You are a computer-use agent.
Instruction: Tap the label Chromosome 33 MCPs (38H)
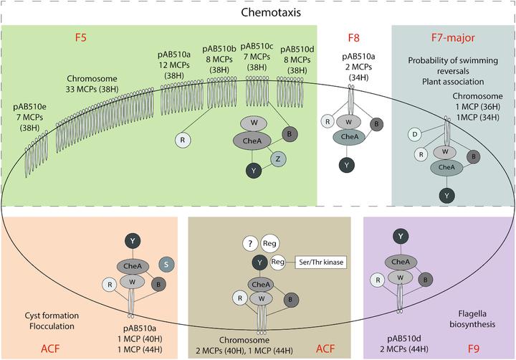pos(102,83)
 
